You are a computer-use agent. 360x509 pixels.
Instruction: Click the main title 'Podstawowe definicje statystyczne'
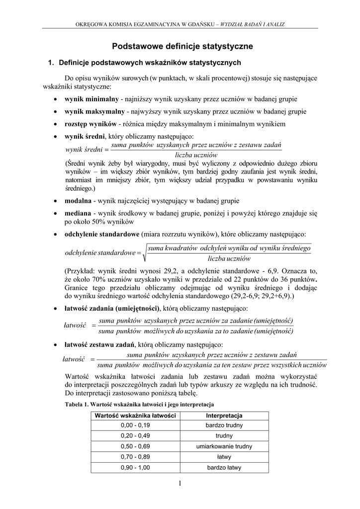point(182,46)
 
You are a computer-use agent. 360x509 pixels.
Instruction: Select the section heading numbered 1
point(144,63)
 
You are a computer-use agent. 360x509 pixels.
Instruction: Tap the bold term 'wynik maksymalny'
point(94,111)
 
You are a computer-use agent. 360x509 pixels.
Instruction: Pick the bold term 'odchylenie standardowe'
point(102,234)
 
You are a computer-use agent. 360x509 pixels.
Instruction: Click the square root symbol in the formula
point(145,253)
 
